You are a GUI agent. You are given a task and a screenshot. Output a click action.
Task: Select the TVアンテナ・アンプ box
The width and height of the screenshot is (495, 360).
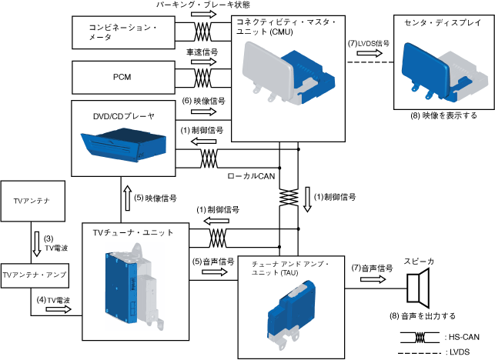(x=33, y=274)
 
